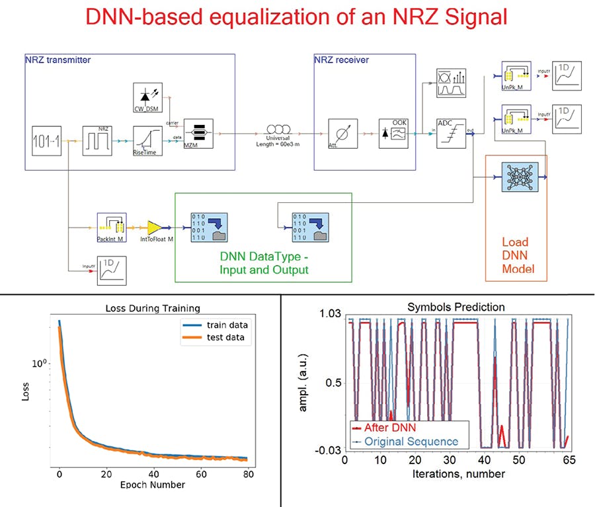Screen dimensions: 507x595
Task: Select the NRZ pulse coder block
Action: (97, 139)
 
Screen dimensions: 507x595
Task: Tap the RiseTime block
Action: (147, 139)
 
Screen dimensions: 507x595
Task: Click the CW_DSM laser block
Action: (147, 97)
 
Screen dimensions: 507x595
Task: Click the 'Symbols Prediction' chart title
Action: (456, 307)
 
